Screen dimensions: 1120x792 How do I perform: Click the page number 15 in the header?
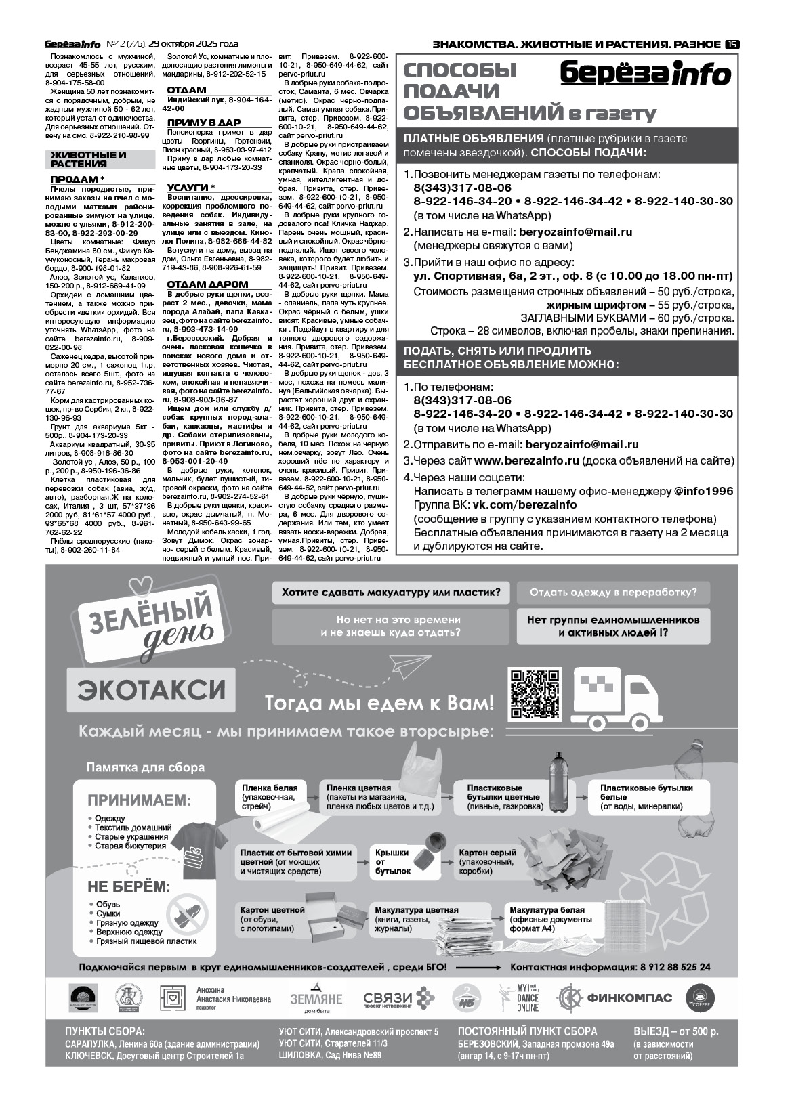tap(732, 44)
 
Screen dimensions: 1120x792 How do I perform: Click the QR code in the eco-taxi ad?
tap(535, 693)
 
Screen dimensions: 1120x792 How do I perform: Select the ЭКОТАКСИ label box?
tap(151, 690)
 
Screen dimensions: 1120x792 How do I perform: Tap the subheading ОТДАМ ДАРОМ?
tap(207, 284)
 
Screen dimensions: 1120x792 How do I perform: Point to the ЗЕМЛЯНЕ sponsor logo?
tap(316, 997)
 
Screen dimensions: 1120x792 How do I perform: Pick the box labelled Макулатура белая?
tap(550, 919)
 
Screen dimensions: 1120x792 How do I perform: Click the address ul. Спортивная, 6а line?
tap(572, 276)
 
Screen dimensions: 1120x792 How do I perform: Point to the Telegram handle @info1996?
tap(703, 491)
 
